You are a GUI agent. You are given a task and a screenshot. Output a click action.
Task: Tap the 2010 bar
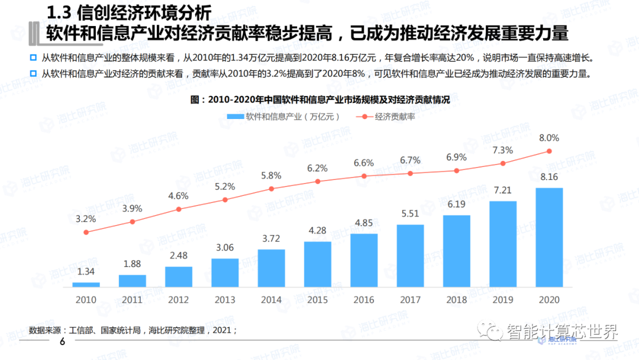click(86, 285)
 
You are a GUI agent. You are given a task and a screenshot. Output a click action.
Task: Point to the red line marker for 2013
click(225, 200)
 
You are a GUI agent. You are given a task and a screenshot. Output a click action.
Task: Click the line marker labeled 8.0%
click(549, 151)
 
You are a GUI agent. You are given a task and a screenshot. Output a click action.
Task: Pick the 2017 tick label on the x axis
click(410, 300)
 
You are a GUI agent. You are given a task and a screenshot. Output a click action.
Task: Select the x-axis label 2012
click(179, 300)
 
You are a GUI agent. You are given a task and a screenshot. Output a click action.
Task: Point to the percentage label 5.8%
click(272, 176)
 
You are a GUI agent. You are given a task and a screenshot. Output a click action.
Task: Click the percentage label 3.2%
click(86, 218)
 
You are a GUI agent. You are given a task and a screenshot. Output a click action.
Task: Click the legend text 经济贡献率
click(395, 117)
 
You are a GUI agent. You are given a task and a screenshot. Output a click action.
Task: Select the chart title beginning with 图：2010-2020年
click(320, 100)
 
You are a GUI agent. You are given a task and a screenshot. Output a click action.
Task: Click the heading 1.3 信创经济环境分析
click(128, 11)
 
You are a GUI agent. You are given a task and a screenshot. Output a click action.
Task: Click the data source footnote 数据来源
click(133, 330)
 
